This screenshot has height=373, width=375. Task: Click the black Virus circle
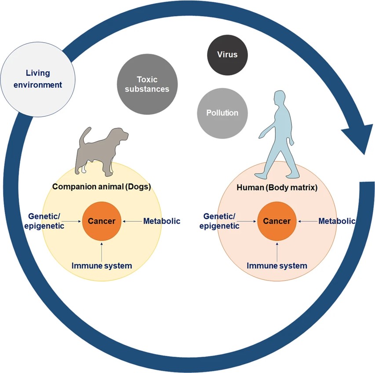pos(227,55)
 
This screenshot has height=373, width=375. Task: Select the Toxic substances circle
pos(147,84)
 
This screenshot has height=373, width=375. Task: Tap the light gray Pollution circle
pos(222,113)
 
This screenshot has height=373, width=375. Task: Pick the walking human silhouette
pos(275,136)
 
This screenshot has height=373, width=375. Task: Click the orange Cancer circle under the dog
pos(102,221)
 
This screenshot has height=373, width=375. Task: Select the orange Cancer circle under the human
pos(277,221)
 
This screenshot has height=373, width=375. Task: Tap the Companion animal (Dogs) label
pos(102,186)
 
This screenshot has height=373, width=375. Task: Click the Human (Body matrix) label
pos(277,187)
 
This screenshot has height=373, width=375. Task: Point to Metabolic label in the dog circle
pos(162,221)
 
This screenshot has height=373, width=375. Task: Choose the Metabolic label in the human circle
pos(337,221)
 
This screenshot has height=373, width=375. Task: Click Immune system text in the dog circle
pos(102,265)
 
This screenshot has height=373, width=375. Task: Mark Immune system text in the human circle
pos(277,265)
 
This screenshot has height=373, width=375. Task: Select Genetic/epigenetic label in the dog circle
pos(46,221)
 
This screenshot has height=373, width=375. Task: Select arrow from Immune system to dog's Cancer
pos(102,250)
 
